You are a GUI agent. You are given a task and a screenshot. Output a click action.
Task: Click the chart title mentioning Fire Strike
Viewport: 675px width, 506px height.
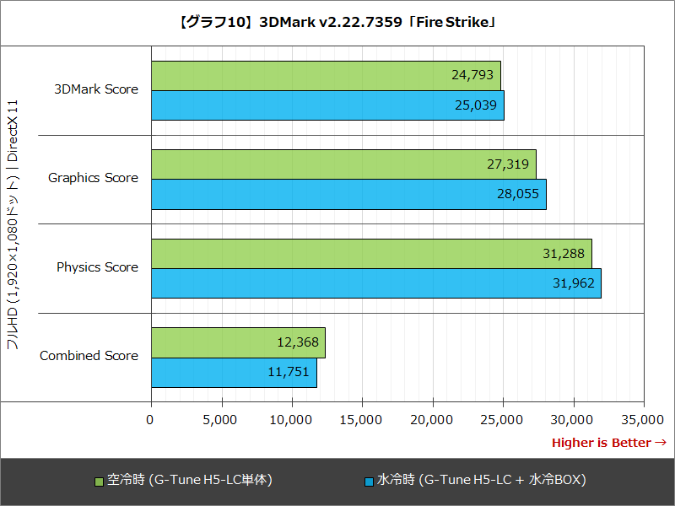[337, 23]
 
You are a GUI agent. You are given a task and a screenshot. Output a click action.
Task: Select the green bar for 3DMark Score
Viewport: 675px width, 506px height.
[326, 75]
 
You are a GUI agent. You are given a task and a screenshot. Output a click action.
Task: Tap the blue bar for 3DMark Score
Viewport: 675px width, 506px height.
[327, 105]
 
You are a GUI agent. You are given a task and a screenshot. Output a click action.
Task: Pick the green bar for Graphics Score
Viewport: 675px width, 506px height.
[343, 164]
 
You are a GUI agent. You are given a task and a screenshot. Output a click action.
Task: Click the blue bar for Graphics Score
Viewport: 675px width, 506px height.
[348, 194]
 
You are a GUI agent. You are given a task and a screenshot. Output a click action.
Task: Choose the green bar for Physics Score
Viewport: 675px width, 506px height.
[371, 253]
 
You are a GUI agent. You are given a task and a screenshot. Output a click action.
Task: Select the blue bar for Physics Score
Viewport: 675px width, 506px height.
[376, 283]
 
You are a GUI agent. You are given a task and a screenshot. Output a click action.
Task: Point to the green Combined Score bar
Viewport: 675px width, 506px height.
[238, 342]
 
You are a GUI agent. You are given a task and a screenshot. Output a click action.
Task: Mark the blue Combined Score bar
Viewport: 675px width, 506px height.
[234, 372]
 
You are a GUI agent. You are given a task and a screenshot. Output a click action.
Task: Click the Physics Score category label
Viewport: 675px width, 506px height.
[97, 267]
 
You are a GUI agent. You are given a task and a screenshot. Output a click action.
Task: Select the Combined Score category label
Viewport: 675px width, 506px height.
[89, 356]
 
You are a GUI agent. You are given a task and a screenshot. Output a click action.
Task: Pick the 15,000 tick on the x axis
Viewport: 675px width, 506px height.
[362, 419]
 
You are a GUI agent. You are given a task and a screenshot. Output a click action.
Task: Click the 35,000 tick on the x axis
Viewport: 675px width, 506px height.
[644, 419]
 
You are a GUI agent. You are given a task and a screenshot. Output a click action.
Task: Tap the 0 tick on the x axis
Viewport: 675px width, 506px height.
[151, 419]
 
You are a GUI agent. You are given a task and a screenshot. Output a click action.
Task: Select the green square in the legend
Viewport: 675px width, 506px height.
[99, 482]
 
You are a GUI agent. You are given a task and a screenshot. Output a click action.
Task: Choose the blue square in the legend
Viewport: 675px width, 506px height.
[368, 482]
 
